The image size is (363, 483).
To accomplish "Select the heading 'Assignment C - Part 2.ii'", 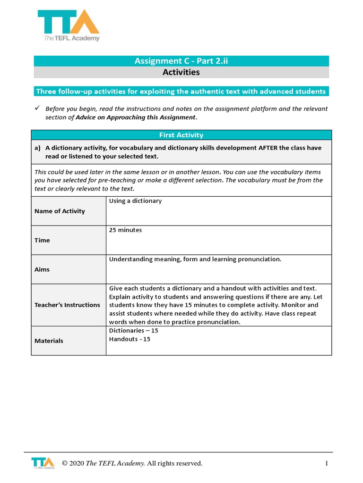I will tap(181, 60).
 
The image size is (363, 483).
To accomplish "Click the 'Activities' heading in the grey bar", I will tap(181, 72).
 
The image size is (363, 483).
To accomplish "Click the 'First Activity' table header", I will tap(181, 135).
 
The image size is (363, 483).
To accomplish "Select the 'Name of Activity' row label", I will tap(60, 211).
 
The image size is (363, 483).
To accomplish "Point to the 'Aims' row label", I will tap(42, 270).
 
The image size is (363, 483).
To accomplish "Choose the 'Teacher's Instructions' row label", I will tap(67, 305).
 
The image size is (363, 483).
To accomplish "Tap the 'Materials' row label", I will tap(49, 341).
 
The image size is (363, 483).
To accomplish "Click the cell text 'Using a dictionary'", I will tap(135, 201).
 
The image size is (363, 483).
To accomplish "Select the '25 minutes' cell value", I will tap(125, 230).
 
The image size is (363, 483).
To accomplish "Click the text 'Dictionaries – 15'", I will tap(133, 331).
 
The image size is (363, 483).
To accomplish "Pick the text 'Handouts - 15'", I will tap(130, 339).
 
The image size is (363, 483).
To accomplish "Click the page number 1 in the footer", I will tap(326, 464).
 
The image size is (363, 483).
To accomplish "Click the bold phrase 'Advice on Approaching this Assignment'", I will tap(136, 117).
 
